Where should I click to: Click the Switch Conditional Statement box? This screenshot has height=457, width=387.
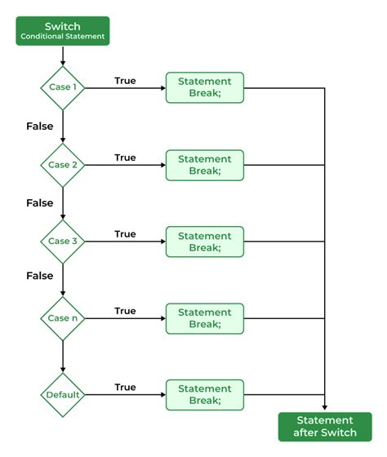coord(62,30)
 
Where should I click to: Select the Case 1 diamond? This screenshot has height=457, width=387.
coord(62,88)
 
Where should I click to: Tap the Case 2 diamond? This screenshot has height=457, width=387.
coord(62,165)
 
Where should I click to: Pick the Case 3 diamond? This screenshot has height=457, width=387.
coord(62,242)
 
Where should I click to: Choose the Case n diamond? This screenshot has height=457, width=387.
coord(62,318)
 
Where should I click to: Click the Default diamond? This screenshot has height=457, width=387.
coord(62,395)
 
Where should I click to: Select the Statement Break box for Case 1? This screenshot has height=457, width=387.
coord(204,88)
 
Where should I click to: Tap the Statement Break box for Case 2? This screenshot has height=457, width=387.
coord(204,165)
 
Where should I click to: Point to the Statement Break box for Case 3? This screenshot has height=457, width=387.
coord(204,242)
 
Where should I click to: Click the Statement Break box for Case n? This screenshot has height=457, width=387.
coord(204,318)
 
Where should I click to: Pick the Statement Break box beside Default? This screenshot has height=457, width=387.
coord(204,395)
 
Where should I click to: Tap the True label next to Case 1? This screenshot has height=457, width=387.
coord(125,81)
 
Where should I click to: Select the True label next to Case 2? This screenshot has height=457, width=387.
coord(125,158)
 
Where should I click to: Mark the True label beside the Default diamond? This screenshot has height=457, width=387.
coord(125,388)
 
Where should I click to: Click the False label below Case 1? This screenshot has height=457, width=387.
coord(39,126)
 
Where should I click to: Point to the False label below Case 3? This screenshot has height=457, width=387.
coord(39,276)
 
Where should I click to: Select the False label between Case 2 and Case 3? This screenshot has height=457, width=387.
coord(39,202)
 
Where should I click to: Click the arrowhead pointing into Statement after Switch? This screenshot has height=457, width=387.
coord(325,408)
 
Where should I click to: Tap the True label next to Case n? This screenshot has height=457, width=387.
coord(125,311)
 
